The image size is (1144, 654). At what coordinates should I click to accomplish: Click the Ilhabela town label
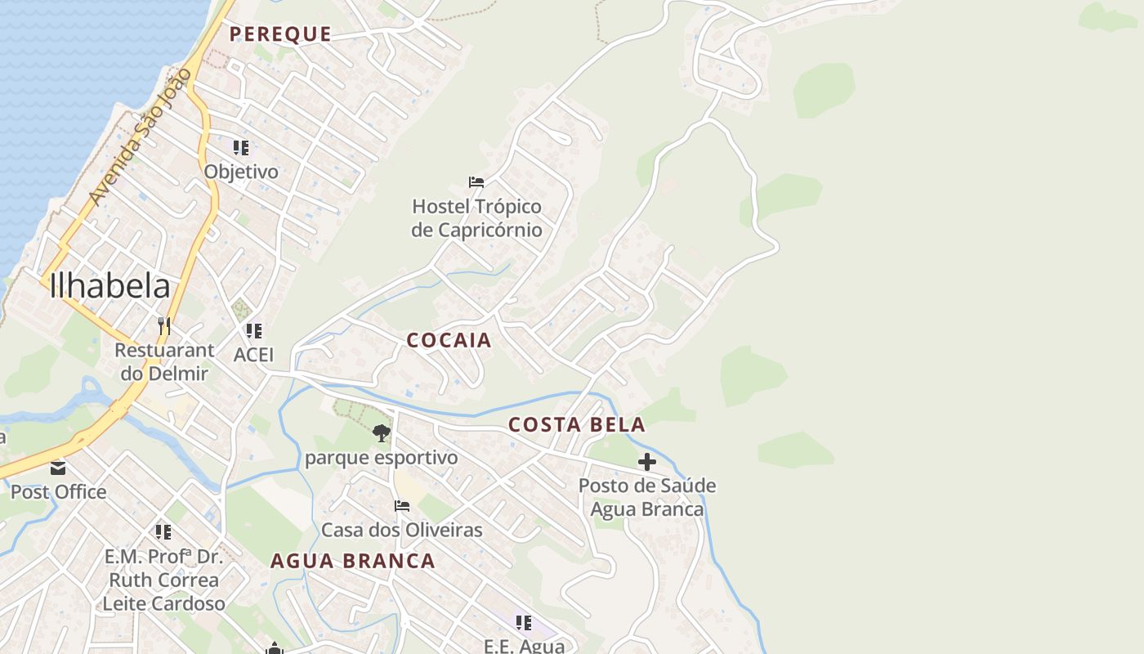(109, 286)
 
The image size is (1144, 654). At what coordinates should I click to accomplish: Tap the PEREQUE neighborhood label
(280, 34)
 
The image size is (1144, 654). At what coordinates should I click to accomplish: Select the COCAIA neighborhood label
(449, 341)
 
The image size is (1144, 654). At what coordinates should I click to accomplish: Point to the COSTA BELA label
(577, 425)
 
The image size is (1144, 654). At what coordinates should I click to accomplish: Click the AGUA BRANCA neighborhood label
(353, 562)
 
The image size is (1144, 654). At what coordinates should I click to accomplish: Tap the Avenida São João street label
(140, 137)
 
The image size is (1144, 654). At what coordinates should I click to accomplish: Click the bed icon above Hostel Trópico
(476, 181)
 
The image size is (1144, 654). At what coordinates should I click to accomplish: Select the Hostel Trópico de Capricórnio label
(476, 218)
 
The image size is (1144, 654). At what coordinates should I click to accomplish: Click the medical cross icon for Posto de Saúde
(647, 463)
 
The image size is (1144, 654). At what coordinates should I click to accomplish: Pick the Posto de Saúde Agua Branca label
(647, 497)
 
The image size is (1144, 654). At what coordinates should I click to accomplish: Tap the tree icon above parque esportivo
(381, 433)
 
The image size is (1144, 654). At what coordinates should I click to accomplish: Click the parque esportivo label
(381, 458)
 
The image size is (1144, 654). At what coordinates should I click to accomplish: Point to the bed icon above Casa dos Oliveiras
(402, 506)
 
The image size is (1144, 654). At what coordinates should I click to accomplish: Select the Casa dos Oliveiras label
(402, 530)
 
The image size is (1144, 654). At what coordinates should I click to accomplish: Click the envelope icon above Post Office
(58, 468)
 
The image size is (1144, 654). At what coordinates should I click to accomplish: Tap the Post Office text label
(58, 492)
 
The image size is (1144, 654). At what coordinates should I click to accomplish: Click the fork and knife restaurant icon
(164, 326)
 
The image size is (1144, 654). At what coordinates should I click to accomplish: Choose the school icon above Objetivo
(241, 148)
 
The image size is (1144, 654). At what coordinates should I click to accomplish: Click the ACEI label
(253, 355)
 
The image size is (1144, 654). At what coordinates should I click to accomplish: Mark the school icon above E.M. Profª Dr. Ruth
(163, 532)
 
